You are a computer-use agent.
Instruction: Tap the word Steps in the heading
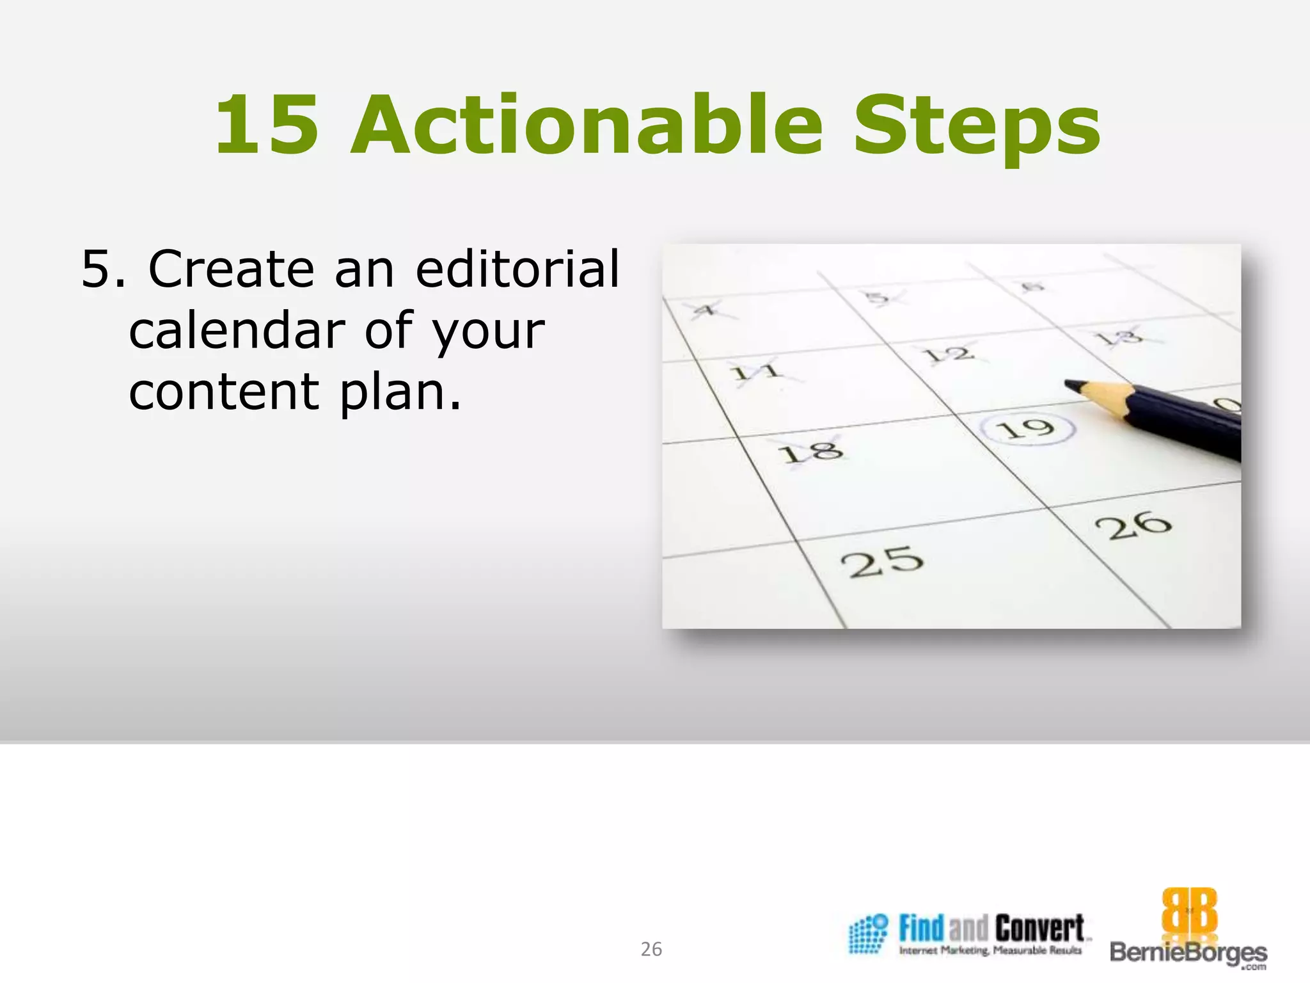pyautogui.click(x=977, y=128)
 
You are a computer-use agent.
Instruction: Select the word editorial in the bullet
pyautogui.click(x=517, y=269)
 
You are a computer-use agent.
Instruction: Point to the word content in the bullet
pyautogui.click(x=224, y=392)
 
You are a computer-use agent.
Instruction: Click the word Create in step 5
pyautogui.click(x=231, y=269)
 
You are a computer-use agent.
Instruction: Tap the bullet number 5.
pyautogui.click(x=97, y=269)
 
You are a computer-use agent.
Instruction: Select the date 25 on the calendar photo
pyautogui.click(x=882, y=563)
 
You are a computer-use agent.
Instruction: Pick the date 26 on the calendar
pyautogui.click(x=1133, y=525)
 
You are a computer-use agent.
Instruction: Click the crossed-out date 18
pyautogui.click(x=810, y=452)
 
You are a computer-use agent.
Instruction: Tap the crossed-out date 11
pyautogui.click(x=756, y=371)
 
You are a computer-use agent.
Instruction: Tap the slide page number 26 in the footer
pyautogui.click(x=651, y=949)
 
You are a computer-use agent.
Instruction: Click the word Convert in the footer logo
pyautogui.click(x=1039, y=928)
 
